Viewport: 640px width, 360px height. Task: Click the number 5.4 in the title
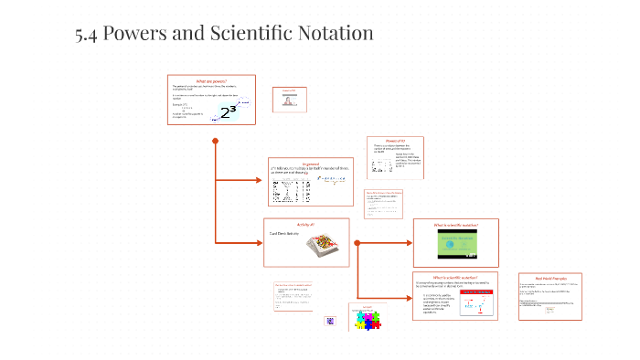87,33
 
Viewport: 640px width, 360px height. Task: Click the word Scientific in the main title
241,33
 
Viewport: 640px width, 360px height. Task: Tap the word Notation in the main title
334,33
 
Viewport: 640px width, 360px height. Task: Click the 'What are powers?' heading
211,80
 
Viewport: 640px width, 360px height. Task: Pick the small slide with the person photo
293,100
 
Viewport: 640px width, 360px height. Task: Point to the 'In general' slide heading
307,164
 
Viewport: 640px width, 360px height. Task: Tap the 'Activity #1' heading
306,225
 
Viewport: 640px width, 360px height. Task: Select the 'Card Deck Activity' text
285,234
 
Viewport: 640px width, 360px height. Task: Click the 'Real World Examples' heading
549,278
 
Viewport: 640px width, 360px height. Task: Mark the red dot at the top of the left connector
216,141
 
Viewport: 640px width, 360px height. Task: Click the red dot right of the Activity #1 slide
357,242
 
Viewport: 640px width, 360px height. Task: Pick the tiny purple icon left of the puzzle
331,322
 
